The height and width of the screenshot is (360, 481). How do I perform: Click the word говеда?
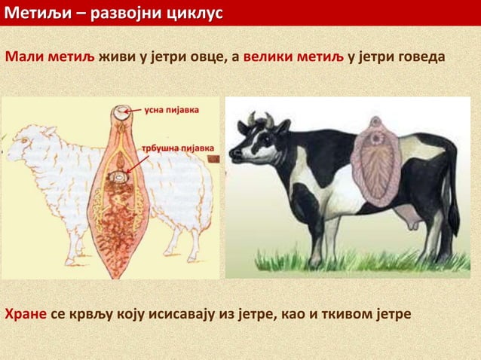419,58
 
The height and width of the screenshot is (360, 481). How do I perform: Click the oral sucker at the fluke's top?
120,115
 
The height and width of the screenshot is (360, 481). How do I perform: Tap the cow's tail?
453,188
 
